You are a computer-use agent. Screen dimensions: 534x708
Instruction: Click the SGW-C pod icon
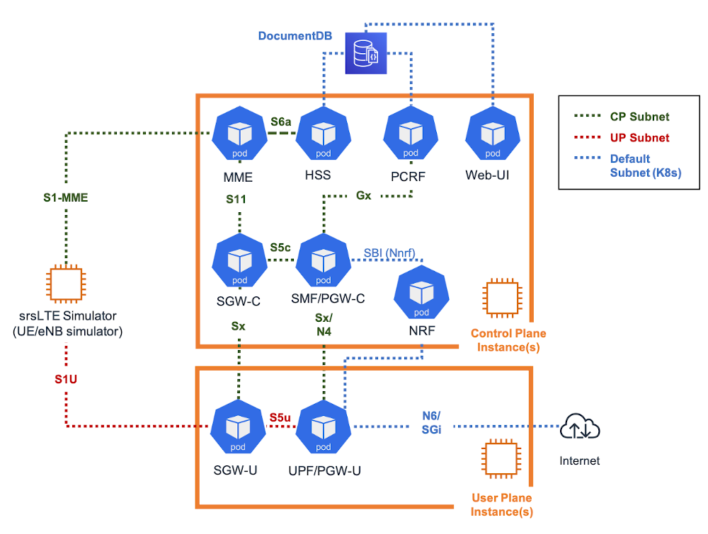coord(239,261)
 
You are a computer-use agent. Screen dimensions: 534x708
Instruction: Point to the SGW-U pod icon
coord(239,426)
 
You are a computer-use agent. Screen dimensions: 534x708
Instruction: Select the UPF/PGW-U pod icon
coord(323,426)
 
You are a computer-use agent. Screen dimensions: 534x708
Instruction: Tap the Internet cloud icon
coord(580,428)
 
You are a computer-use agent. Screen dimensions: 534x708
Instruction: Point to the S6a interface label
coord(281,122)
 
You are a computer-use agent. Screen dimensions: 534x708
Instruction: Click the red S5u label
coord(280,417)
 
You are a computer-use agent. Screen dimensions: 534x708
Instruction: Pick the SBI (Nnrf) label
coord(389,253)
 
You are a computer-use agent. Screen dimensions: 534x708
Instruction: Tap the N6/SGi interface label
coord(431,422)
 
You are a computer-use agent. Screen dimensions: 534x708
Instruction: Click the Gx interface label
coord(363,195)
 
